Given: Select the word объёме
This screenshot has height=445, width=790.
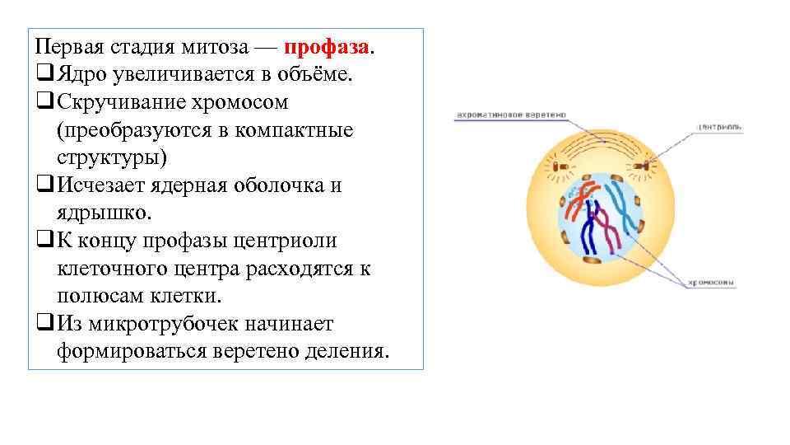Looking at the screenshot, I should pos(318,75).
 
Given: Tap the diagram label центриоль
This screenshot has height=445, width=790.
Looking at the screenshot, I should pos(719,127).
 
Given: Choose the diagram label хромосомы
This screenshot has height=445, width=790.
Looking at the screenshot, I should pos(712,283).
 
